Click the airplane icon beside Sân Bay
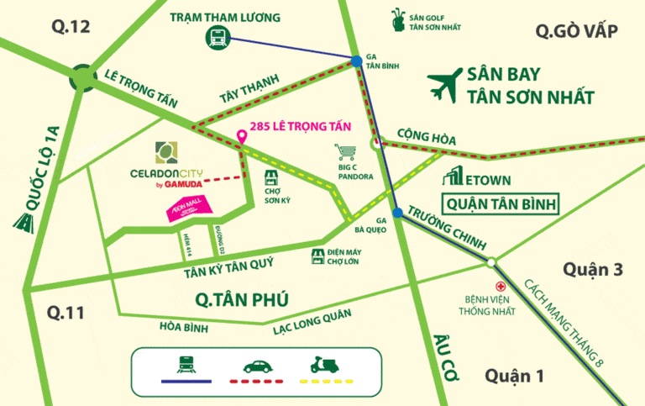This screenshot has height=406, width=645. (444, 83)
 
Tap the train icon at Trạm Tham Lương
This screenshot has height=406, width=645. (217, 36)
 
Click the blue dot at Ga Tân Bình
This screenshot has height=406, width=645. (358, 61)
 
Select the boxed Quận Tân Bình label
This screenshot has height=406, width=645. (501, 204)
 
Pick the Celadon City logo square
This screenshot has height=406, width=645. (166, 153)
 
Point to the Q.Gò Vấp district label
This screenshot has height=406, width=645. (577, 32)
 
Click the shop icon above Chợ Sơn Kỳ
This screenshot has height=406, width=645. (270, 177)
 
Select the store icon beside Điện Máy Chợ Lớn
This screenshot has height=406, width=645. (317, 255)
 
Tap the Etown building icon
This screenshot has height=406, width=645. (454, 178)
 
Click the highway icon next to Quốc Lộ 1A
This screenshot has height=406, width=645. (24, 220)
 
